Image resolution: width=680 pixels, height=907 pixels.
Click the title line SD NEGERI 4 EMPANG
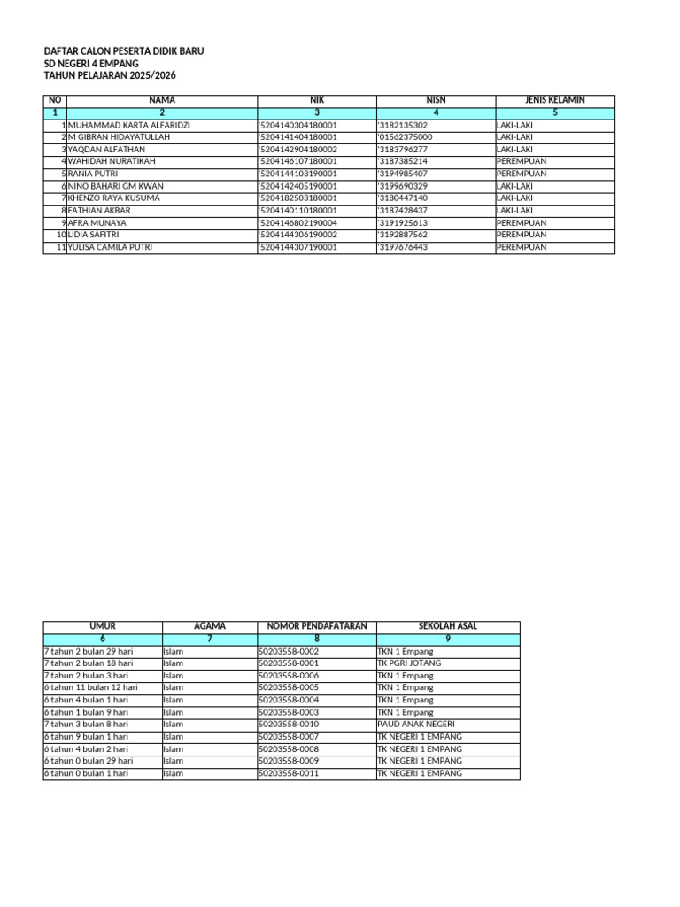tap(86, 65)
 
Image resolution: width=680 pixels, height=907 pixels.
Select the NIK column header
tap(317, 101)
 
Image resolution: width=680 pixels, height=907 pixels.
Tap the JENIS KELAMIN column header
tap(554, 101)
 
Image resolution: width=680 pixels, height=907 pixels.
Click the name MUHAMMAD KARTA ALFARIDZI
tap(129, 126)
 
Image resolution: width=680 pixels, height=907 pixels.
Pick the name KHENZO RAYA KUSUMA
tap(114, 198)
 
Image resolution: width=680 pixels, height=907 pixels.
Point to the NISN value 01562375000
tap(406, 137)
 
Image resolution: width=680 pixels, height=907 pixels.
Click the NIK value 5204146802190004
tap(297, 223)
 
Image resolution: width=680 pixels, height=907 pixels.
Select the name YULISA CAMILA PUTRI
tap(110, 247)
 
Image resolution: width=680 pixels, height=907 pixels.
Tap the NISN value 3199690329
tap(403, 186)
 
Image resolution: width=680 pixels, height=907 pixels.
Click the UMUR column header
tap(103, 626)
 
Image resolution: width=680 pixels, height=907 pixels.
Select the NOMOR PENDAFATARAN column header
tap(316, 626)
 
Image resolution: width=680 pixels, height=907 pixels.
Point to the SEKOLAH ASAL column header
tap(448, 626)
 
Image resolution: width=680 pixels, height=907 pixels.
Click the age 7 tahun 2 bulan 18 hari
tap(89, 663)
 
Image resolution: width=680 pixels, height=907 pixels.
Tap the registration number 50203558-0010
tap(288, 724)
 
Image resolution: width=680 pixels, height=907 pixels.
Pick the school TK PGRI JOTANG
tap(409, 663)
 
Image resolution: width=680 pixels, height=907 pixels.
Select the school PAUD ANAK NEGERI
tap(415, 724)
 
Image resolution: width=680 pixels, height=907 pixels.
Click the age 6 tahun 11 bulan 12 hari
tap(91, 687)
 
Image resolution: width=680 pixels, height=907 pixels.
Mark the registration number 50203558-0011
tap(288, 773)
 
